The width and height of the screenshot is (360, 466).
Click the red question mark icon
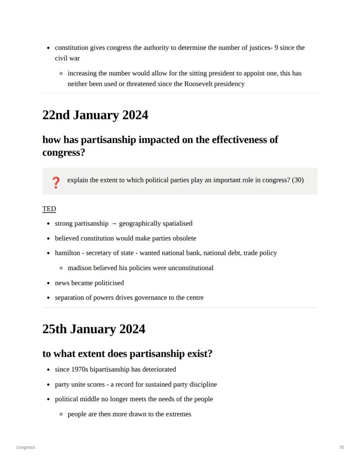click(56, 182)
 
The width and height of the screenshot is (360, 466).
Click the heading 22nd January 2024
click(95, 115)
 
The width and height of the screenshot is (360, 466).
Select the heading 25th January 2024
click(93, 329)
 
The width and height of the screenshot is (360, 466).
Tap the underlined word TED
click(49, 209)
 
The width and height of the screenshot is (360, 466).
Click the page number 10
click(342, 447)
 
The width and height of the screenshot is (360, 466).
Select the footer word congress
click(25, 447)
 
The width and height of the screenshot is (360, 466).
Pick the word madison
click(80, 268)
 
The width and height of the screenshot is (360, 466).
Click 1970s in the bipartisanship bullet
click(80, 369)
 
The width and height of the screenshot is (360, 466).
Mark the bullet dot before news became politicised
click(49, 283)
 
